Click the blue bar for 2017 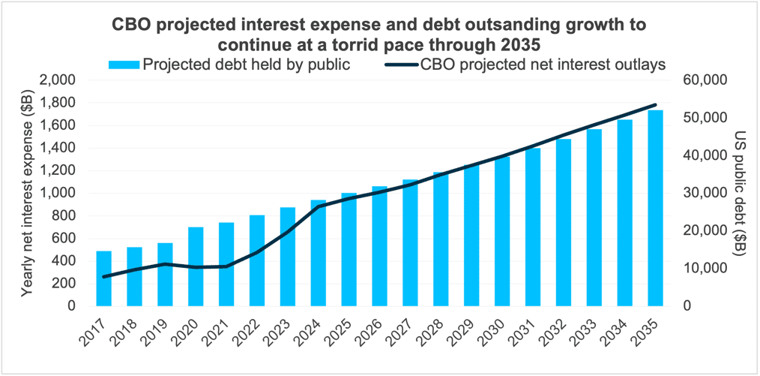tap(103, 279)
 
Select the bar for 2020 tap(196, 266)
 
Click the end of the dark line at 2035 tap(656, 105)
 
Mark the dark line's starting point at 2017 tap(103, 277)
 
